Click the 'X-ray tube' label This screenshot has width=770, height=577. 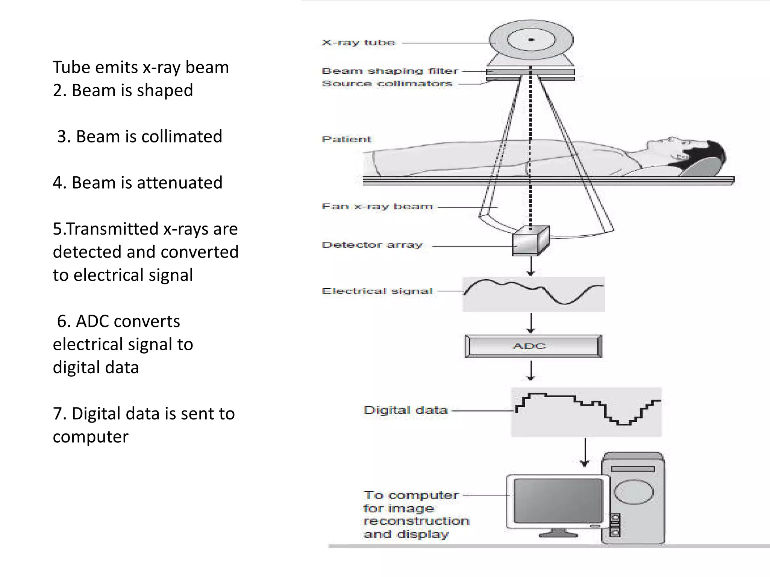[358, 42]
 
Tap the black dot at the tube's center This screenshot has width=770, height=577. [531, 39]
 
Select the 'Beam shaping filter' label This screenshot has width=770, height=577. [390, 71]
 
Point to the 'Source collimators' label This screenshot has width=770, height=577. [387, 83]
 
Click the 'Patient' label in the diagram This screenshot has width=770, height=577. [346, 139]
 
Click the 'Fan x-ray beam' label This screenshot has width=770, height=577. [377, 206]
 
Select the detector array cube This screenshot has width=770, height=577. [530, 242]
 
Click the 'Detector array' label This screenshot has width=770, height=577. [372, 245]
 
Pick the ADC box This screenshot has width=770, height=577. [533, 346]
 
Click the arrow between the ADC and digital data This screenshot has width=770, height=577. [531, 371]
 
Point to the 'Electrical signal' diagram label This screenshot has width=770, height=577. [377, 291]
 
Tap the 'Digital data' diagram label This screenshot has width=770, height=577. [406, 410]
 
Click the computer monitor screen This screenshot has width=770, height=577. [558, 501]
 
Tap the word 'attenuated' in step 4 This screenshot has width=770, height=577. [179, 183]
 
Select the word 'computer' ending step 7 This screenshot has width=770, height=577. [91, 437]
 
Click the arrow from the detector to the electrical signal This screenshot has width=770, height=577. [531, 266]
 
